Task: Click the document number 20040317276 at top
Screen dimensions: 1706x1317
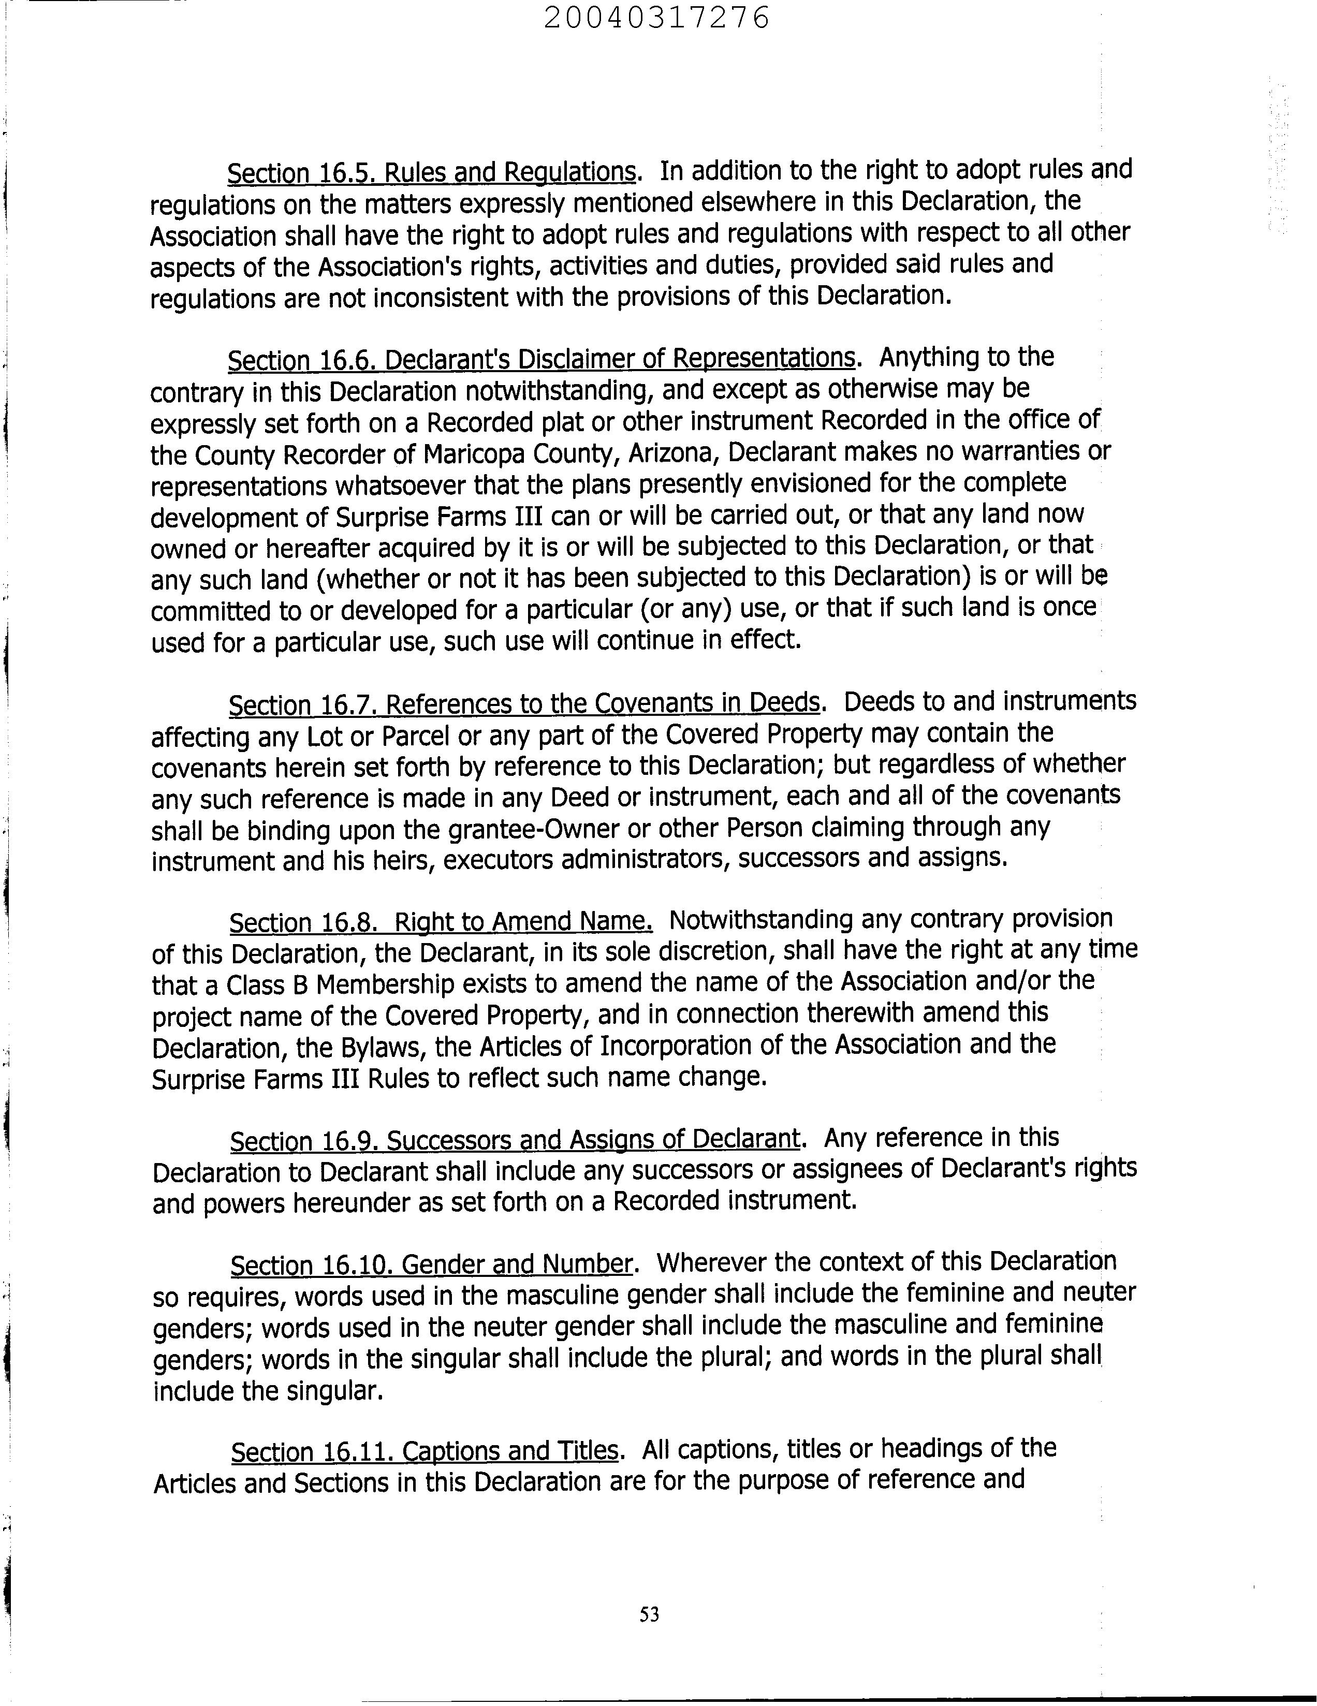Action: pos(656,17)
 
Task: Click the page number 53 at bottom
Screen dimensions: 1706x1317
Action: pos(649,1614)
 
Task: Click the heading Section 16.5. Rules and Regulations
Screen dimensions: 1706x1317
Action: pos(432,172)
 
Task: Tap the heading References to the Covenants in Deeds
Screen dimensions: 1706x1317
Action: pos(602,704)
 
